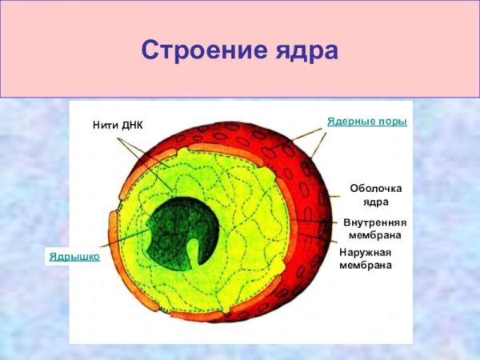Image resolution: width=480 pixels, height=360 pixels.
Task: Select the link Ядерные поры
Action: [x=367, y=121]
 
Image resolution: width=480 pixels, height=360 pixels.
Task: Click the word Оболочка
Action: [x=376, y=188]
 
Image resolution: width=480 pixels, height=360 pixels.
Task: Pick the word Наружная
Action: [x=365, y=252]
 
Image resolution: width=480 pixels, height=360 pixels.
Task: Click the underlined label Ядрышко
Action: [x=74, y=256]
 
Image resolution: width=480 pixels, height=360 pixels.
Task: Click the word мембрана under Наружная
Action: [x=365, y=264]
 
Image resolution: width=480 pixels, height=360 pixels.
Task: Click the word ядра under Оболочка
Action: [x=376, y=202]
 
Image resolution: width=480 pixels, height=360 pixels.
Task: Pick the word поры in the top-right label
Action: [x=392, y=121]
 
